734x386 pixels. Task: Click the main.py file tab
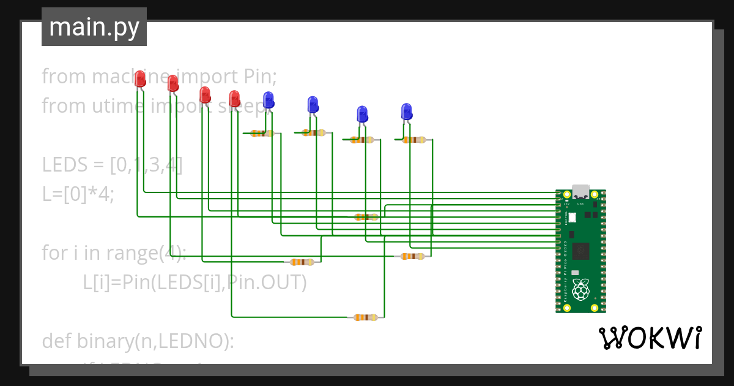coord(94,27)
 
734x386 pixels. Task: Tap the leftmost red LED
coord(140,78)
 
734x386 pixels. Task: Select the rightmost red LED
coord(234,98)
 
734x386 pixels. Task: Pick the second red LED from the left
coord(173,83)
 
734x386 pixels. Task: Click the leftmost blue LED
coord(268,100)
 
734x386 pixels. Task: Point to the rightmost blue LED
coord(407,112)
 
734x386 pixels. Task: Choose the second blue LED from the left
coord(313,104)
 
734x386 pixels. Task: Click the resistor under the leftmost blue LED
coord(262,133)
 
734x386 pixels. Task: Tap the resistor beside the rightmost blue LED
coord(414,140)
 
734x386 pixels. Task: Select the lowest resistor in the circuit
coord(366,317)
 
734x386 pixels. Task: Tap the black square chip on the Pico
coord(580,250)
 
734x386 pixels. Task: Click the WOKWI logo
coord(650,338)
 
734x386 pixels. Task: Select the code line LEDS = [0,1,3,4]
coord(112,165)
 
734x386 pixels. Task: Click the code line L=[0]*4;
coord(78,194)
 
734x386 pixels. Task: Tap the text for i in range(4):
coord(114,252)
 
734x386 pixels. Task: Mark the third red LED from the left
coord(205,94)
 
